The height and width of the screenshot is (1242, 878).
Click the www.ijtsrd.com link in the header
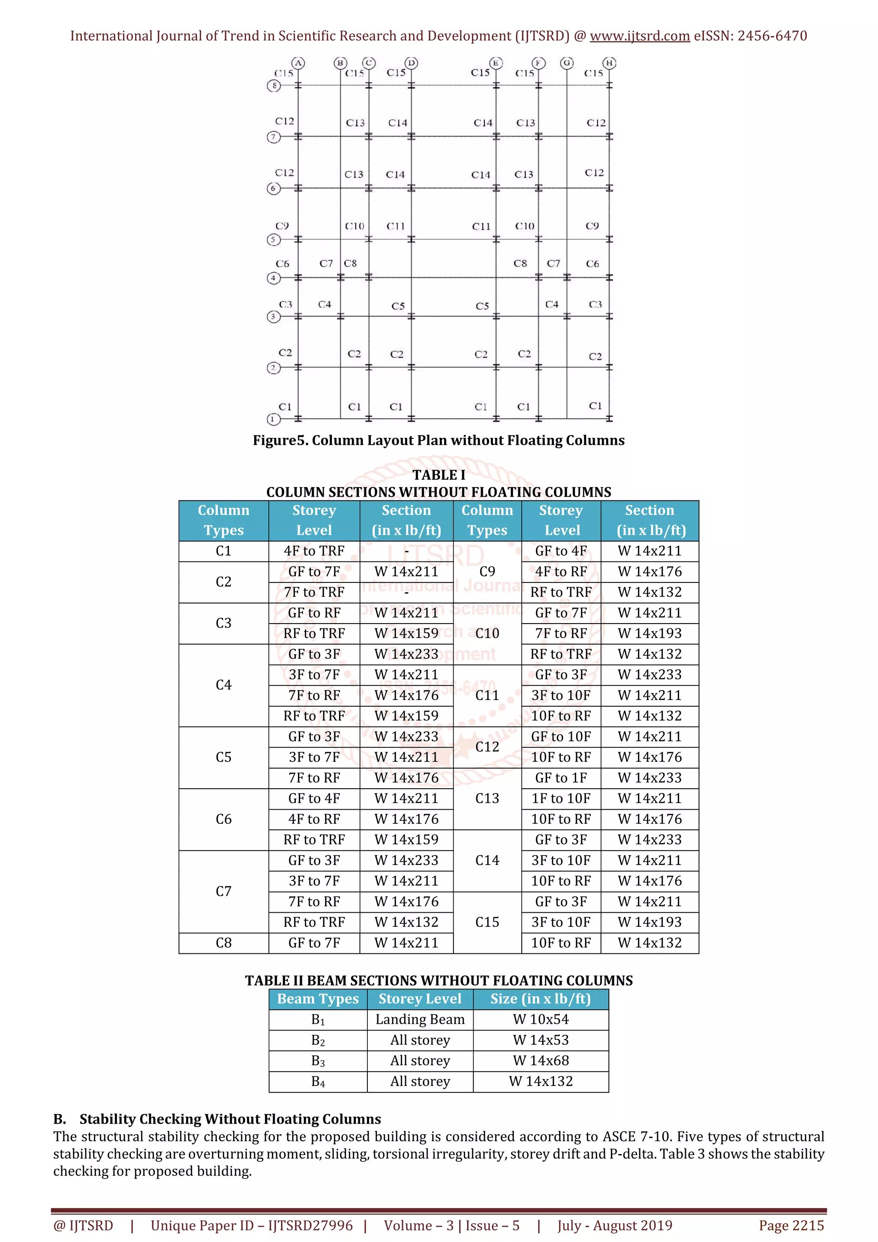(639, 36)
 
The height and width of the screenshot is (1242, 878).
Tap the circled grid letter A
(298, 63)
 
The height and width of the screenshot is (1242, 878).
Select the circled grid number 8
(274, 85)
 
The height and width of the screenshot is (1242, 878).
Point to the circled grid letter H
(609, 63)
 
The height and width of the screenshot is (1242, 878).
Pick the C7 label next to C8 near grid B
(326, 263)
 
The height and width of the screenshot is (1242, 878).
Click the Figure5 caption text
(439, 440)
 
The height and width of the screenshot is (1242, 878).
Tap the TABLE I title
(439, 475)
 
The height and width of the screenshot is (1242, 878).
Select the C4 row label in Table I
(223, 685)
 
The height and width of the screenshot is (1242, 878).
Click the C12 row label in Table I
(487, 747)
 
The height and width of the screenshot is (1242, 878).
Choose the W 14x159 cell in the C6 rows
(406, 840)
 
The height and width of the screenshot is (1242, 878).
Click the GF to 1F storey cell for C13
(561, 778)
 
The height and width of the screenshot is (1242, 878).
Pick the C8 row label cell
(223, 943)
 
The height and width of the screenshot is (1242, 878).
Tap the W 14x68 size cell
(541, 1060)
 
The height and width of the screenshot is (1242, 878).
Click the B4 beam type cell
(318, 1081)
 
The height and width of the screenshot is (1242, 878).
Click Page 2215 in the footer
(791, 1225)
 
